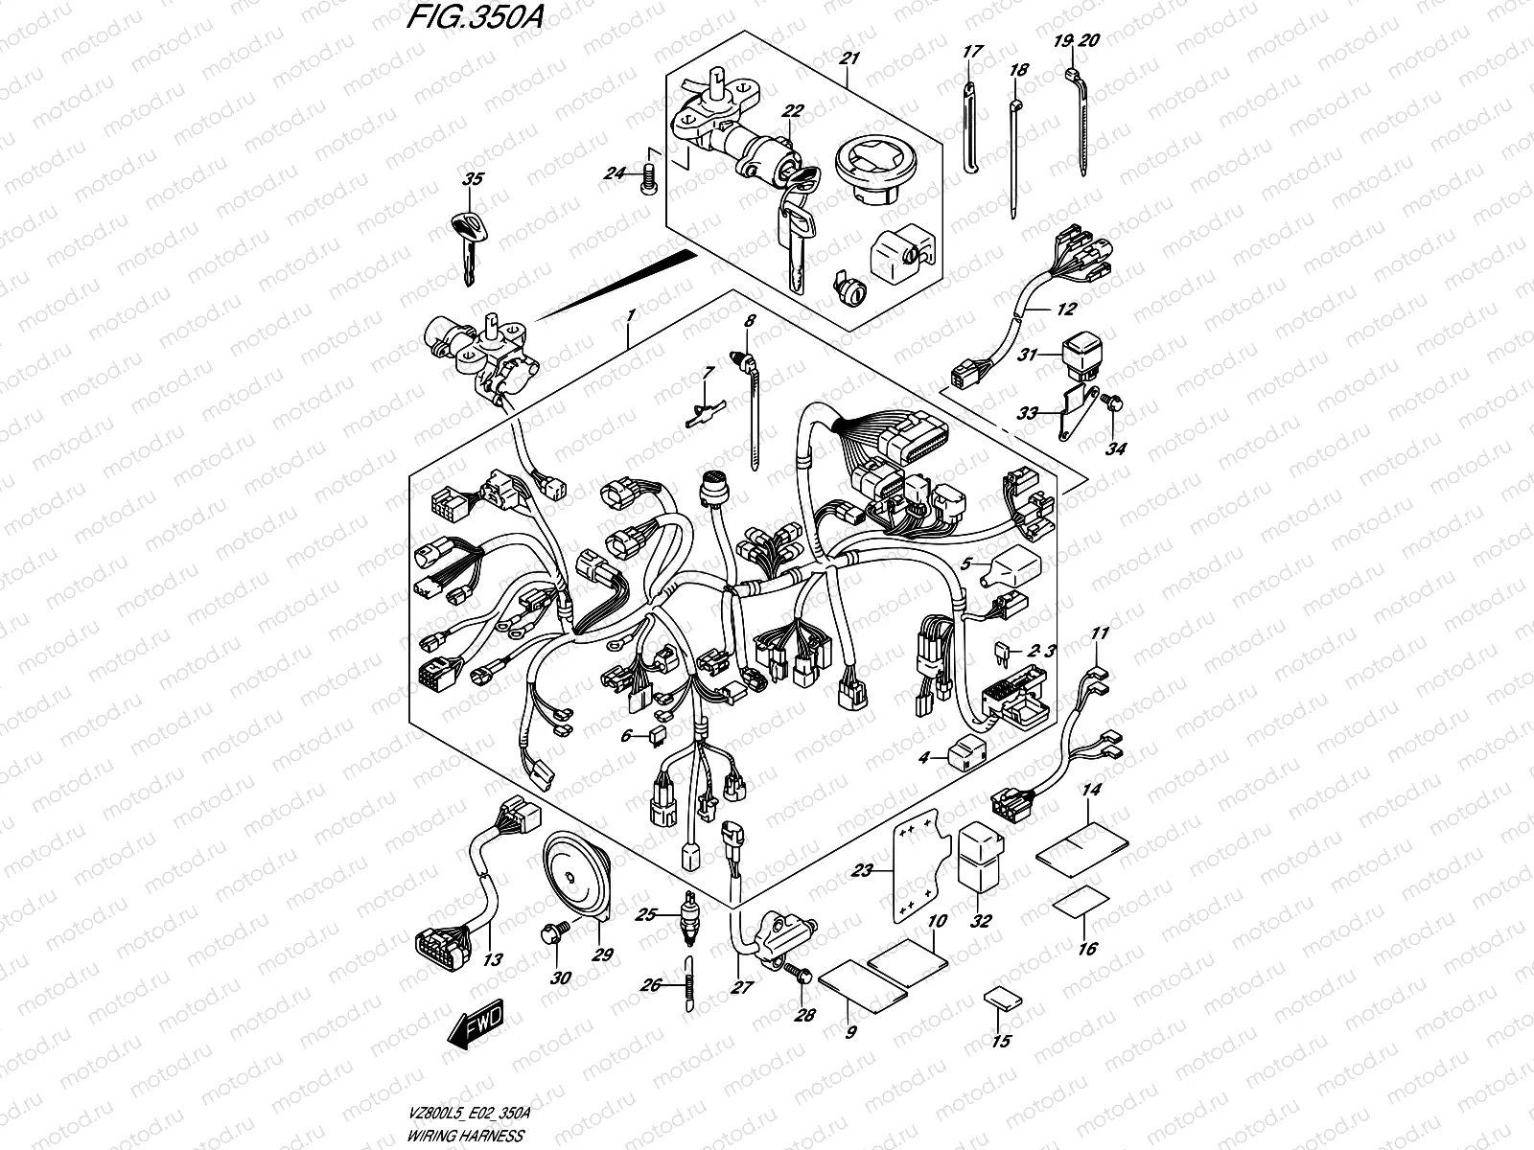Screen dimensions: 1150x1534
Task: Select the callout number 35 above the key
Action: click(473, 178)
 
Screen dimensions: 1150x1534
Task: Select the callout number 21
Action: click(848, 59)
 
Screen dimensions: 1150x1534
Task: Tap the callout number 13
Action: click(494, 958)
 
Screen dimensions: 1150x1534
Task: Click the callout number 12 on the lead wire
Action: click(1066, 310)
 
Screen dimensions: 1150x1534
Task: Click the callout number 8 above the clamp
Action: click(749, 321)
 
